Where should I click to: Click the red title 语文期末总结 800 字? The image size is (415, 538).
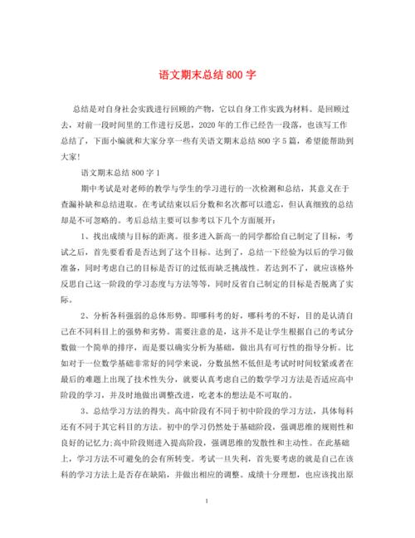pos(207,74)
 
